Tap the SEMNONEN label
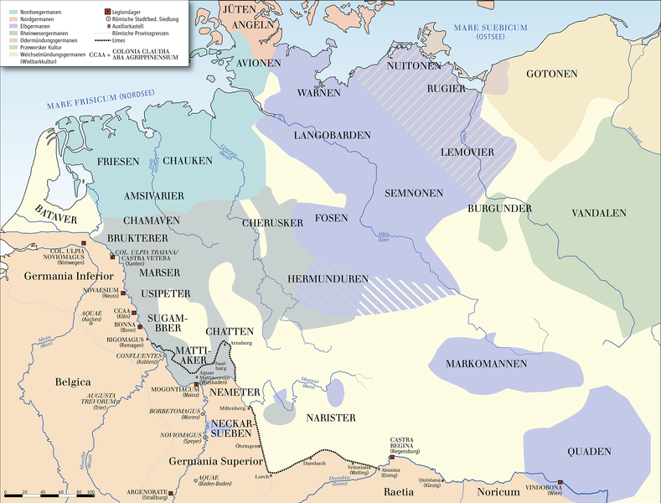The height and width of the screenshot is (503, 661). click(413, 193)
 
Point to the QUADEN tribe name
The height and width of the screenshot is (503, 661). click(589, 451)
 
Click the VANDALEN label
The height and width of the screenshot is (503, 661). click(599, 214)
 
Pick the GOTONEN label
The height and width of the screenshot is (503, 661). click(552, 75)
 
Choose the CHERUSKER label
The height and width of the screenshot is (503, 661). click(266, 224)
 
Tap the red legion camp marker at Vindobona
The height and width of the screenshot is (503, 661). click(560, 482)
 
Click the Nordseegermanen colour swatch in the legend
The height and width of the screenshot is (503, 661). click(13, 12)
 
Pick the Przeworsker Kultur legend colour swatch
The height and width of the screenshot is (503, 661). click(13, 47)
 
